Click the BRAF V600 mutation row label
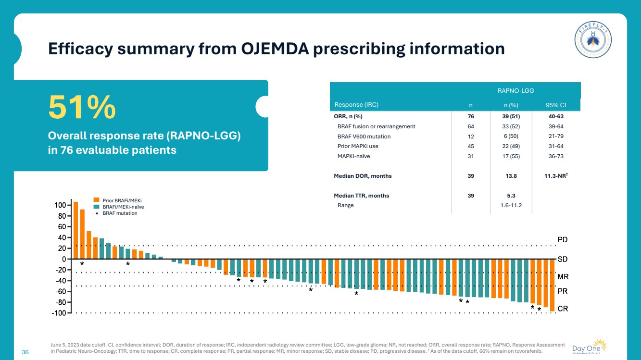tap(364, 137)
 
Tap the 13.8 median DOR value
tap(511, 176)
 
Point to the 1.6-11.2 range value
tap(511, 205)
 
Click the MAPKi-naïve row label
tap(353, 156)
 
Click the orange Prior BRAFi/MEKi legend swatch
tap(96, 200)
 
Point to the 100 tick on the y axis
tap(59, 205)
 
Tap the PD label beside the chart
tap(563, 239)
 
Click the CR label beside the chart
tap(563, 309)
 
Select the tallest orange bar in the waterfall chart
tap(75, 230)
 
